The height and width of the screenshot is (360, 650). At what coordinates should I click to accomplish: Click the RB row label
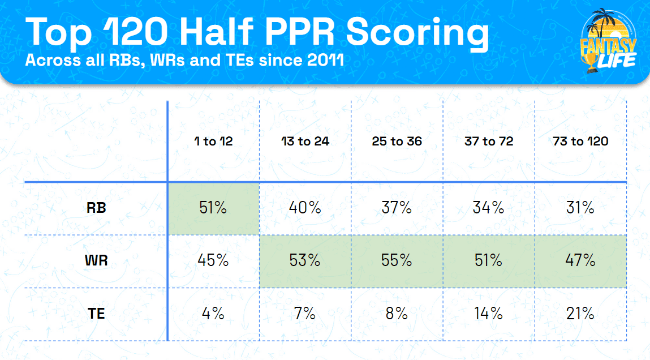pos(96,208)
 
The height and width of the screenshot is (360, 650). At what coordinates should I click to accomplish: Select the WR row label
pos(96,260)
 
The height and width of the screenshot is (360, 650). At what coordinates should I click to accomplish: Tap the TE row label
pos(96,313)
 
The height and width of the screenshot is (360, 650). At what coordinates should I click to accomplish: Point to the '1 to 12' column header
pos(213,141)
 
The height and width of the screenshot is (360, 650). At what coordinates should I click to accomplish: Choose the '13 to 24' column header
pos(305,141)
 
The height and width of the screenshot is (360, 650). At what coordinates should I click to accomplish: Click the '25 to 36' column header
pos(397,141)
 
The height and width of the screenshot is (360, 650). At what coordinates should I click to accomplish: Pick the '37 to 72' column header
pos(489,141)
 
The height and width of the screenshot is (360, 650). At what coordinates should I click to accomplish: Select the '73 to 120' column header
pos(580,141)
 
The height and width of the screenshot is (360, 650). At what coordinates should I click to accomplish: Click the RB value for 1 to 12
pos(213,208)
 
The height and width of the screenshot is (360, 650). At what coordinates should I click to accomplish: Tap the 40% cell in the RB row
pos(305,208)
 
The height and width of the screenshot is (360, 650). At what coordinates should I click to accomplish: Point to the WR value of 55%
pos(397,260)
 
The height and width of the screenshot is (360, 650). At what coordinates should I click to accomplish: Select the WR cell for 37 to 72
pos(489,260)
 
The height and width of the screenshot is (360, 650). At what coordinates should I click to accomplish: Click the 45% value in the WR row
pos(213,260)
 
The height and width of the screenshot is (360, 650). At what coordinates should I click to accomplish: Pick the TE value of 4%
pos(213,313)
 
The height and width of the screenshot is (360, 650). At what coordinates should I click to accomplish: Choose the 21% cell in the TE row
pos(580,313)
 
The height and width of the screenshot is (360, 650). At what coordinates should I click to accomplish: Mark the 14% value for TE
pos(489,313)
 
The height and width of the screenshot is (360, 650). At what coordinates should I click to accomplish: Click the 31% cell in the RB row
pos(580,208)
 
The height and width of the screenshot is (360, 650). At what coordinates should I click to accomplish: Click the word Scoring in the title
pos(417,33)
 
